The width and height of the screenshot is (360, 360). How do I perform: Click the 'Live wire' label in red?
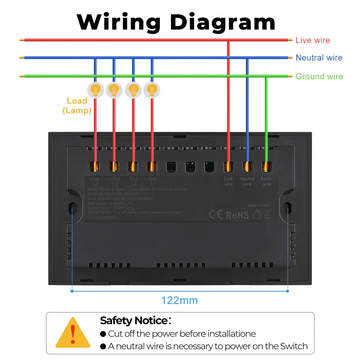pyautogui.click(x=312, y=40)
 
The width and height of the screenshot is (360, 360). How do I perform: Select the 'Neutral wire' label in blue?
pyautogui.click(x=319, y=58)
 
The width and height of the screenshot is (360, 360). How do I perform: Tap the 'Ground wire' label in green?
pyautogui.click(x=319, y=76)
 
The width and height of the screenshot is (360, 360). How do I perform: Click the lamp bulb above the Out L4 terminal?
pyautogui.click(x=95, y=89)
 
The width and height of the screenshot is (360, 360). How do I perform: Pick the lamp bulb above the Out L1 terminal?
pyautogui.click(x=152, y=89)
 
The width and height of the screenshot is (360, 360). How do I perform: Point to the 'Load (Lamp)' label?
pyautogui.click(x=77, y=105)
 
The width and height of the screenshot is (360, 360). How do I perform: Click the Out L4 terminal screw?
pyautogui.click(x=95, y=167)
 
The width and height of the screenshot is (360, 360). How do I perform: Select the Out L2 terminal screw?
pyautogui.click(x=133, y=167)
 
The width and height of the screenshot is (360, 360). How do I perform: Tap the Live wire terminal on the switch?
pyautogui.click(x=228, y=167)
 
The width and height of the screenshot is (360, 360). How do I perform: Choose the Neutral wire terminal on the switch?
pyautogui.click(x=247, y=167)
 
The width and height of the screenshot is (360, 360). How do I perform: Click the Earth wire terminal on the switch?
pyautogui.click(x=266, y=167)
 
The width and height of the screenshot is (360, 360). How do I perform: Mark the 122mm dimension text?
pyautogui.click(x=179, y=300)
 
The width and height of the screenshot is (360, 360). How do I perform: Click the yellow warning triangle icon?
pyautogui.click(x=73, y=333)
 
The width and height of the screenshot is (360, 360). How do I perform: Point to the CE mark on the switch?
pyautogui.click(x=216, y=215)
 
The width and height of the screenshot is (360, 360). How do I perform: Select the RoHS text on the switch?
pyautogui.click(x=237, y=215)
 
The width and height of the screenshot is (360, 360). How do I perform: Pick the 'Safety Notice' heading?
pyautogui.click(x=134, y=320)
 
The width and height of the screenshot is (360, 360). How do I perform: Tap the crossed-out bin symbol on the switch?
pyautogui.click(x=267, y=215)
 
